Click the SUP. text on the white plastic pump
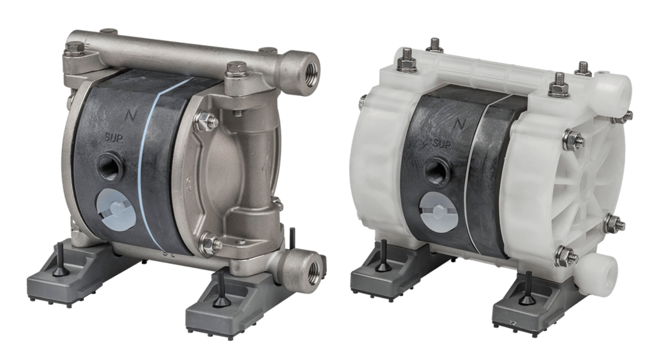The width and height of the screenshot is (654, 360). click(442, 144)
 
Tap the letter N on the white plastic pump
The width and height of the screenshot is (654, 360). click(459, 124)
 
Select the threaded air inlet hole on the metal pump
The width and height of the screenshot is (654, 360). click(110, 167)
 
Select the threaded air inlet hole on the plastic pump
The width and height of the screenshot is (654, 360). click(437, 172)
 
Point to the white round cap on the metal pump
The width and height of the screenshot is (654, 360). click(116, 208)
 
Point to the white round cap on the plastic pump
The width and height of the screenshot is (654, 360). click(439, 213)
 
